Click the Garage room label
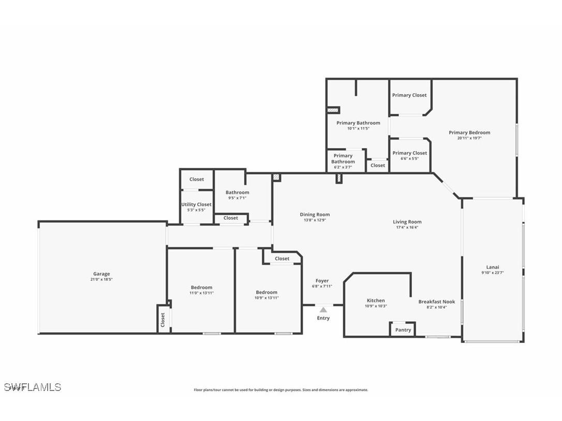coord(101,274)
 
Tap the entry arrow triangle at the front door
coord(323,309)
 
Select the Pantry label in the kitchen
coord(403,330)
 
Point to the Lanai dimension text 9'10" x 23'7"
coord(493,273)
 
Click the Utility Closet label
coord(196,205)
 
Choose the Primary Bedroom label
coord(469,133)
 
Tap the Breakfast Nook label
coord(436,302)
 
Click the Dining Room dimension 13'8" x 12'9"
coord(315,220)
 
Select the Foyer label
coord(322,281)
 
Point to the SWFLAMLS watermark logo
coord(32,387)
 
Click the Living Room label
coord(407,222)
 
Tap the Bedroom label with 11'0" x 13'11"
coord(201,288)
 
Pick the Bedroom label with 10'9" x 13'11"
coord(267,292)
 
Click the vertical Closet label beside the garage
coord(162,319)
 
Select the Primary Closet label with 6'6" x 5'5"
coord(409,153)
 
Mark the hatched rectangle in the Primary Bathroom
coord(333,110)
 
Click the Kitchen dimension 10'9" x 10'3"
coord(376,306)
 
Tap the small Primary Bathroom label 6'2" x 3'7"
coord(343,158)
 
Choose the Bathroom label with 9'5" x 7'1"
coord(237,193)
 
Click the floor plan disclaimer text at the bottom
coord(281,390)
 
